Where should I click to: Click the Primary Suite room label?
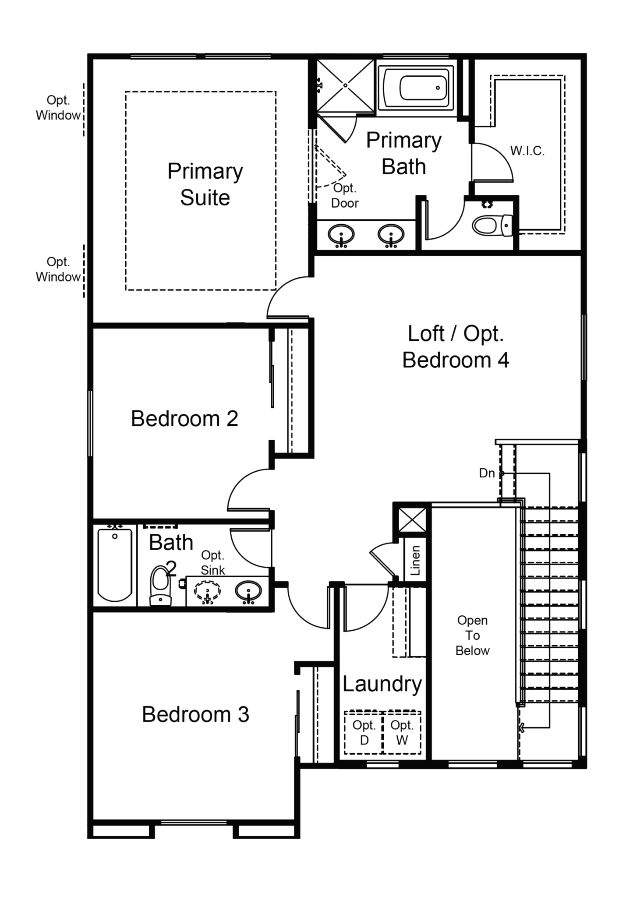click(x=205, y=184)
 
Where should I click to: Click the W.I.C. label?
click(x=527, y=151)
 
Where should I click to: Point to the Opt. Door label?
click(x=345, y=195)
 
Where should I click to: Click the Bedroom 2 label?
click(x=184, y=418)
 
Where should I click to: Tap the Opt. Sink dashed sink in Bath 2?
click(x=207, y=592)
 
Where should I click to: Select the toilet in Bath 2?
click(x=160, y=586)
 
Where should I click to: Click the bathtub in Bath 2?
click(x=115, y=565)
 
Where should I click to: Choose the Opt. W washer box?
click(x=402, y=732)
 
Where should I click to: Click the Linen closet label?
click(x=415, y=561)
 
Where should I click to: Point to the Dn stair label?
click(x=487, y=473)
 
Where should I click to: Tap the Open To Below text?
click(x=472, y=635)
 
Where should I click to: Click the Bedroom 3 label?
click(x=195, y=714)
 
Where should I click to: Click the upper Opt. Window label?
click(x=58, y=108)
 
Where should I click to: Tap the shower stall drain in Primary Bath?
click(x=345, y=85)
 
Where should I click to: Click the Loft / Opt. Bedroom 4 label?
click(x=456, y=346)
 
